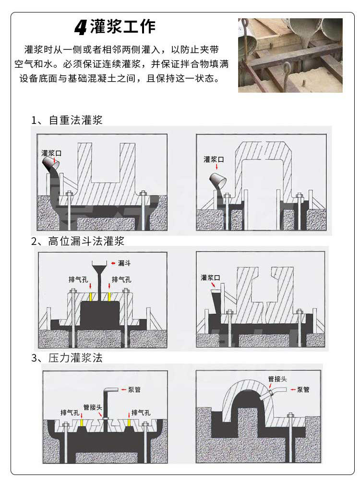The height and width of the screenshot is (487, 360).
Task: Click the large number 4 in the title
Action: (80, 27)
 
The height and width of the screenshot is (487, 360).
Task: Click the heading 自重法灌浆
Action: (75, 120)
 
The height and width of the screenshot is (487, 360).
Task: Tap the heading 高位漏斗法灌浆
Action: (86, 241)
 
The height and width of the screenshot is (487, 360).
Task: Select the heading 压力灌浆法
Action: (75, 358)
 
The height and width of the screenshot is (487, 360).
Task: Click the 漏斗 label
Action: (124, 263)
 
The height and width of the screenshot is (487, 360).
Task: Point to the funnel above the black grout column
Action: (99, 267)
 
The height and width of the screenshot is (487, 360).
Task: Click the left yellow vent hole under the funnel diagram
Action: (91, 297)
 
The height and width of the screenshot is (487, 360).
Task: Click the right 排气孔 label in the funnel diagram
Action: (121, 280)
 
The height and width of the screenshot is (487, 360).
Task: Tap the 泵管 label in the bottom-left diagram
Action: (134, 390)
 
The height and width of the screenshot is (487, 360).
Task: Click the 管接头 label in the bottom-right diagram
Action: (277, 379)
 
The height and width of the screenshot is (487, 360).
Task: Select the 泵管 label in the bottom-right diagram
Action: (303, 390)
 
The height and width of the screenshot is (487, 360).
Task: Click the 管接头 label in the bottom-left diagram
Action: (93, 407)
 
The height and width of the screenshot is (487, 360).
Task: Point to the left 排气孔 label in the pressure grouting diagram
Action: (70, 413)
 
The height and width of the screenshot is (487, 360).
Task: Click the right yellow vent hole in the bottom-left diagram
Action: (129, 422)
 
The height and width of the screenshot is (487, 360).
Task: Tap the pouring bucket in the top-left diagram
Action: (51, 163)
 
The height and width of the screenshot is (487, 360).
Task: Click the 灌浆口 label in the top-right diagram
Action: (214, 159)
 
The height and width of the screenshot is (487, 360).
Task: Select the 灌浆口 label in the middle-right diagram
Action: (210, 278)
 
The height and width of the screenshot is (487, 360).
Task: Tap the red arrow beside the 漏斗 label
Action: (113, 263)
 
